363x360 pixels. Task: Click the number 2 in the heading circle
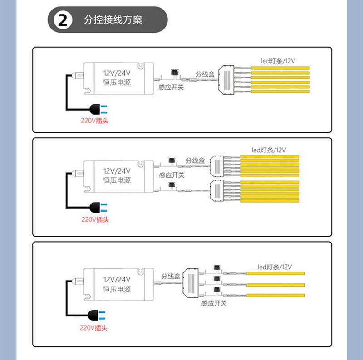click(x=62, y=20)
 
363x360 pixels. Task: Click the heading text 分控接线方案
click(x=113, y=20)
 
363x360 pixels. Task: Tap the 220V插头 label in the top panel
click(x=95, y=121)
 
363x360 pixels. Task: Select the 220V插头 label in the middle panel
click(x=95, y=219)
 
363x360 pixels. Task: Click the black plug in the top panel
click(x=98, y=109)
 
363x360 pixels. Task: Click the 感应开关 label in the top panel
click(x=171, y=87)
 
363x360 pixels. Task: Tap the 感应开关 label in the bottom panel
click(x=214, y=303)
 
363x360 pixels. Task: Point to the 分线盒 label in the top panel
click(x=205, y=74)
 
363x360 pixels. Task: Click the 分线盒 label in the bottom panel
click(x=171, y=276)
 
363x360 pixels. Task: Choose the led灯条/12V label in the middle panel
click(x=269, y=150)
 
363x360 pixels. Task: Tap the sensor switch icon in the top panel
click(x=172, y=73)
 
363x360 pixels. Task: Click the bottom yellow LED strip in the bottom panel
click(x=276, y=296)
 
